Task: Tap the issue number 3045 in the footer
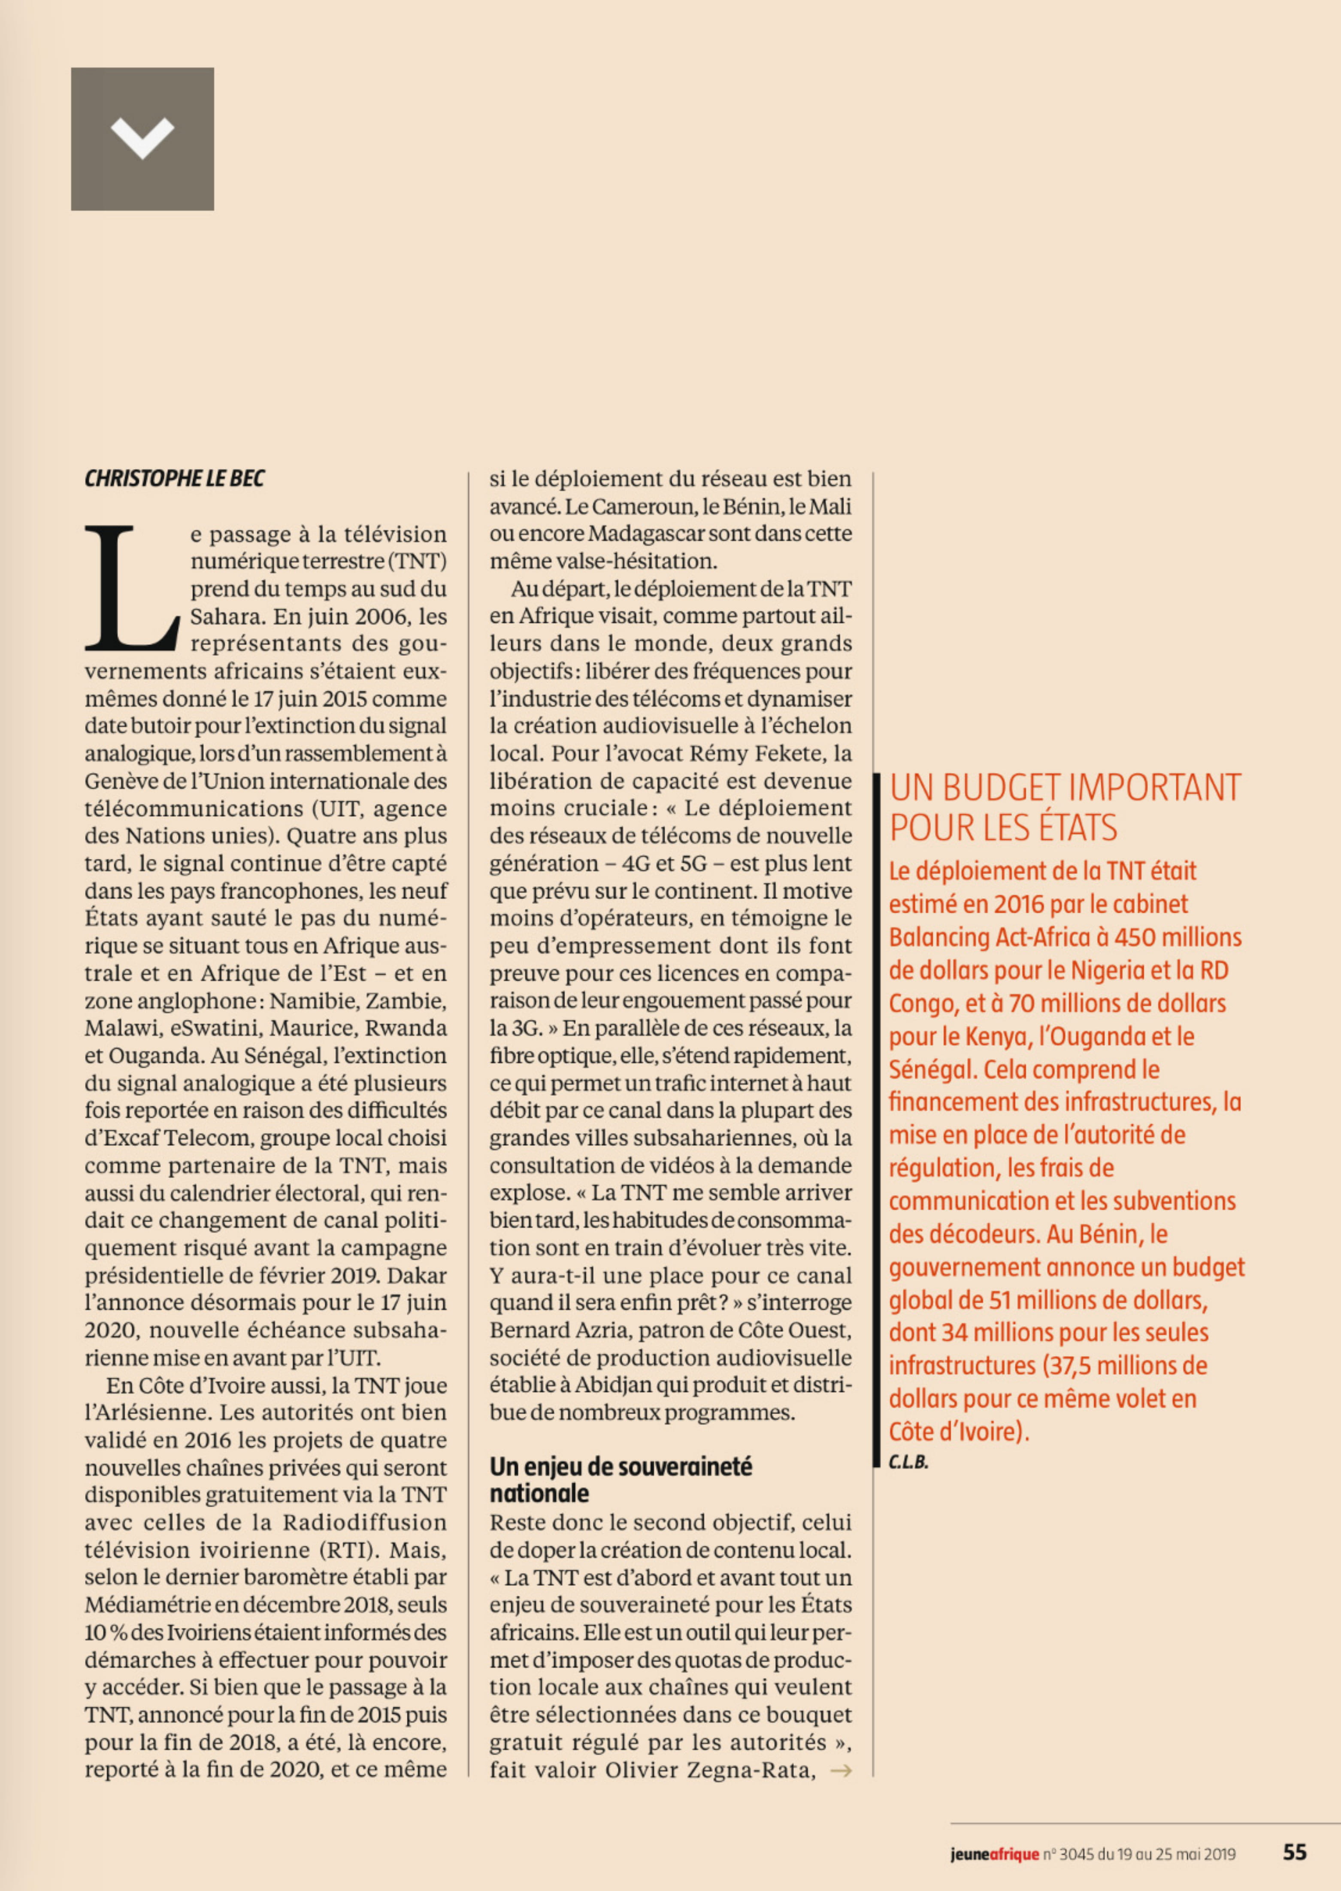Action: coord(1076,1854)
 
